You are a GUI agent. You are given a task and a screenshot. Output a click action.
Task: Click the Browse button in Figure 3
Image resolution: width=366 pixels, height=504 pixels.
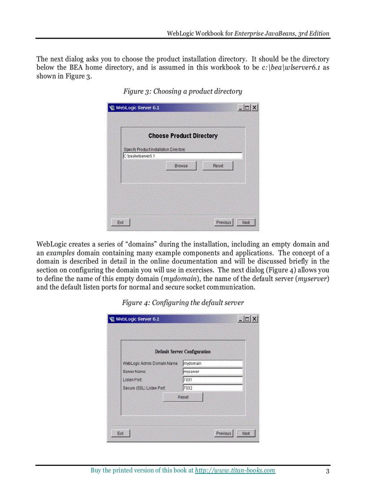click(x=181, y=166)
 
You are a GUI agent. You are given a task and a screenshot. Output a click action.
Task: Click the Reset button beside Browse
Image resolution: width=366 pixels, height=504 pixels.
click(x=218, y=166)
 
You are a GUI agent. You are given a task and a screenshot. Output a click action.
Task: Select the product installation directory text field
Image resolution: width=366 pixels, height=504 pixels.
click(x=182, y=156)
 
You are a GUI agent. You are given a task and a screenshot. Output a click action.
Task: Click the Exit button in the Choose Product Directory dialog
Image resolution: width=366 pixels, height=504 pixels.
click(x=120, y=222)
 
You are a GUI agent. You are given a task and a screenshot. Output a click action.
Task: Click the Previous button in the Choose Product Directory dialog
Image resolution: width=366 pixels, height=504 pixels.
click(x=223, y=222)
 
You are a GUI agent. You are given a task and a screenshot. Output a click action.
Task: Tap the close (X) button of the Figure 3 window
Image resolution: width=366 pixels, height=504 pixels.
click(x=254, y=108)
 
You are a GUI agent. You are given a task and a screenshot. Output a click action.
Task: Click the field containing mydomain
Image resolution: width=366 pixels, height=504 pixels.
click(x=212, y=364)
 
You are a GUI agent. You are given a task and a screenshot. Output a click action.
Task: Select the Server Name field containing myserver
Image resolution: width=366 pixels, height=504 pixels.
click(x=212, y=372)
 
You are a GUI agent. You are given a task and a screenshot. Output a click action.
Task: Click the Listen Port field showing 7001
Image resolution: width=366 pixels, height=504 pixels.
click(x=212, y=380)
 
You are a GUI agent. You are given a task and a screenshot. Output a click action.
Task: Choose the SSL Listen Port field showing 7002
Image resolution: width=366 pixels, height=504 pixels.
click(x=212, y=388)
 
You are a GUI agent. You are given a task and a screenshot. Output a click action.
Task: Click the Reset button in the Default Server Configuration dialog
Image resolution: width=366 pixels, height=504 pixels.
click(x=183, y=397)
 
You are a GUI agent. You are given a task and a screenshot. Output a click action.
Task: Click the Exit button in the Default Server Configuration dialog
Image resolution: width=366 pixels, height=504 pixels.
click(x=120, y=434)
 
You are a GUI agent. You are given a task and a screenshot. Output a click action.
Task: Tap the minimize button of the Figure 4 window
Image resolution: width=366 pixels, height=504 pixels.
click(x=241, y=319)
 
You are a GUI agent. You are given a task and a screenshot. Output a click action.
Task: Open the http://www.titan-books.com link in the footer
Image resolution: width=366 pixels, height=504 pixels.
click(x=235, y=470)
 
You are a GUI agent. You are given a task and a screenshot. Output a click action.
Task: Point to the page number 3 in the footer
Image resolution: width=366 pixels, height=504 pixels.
click(x=328, y=471)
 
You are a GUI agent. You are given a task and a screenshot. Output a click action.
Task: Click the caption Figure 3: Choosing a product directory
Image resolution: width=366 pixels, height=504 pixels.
click(x=183, y=91)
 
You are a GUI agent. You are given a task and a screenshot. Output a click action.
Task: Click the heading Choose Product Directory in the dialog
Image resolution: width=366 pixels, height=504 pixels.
click(x=183, y=136)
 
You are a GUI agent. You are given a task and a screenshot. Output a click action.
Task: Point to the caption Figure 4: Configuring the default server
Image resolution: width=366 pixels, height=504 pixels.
click(x=183, y=302)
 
